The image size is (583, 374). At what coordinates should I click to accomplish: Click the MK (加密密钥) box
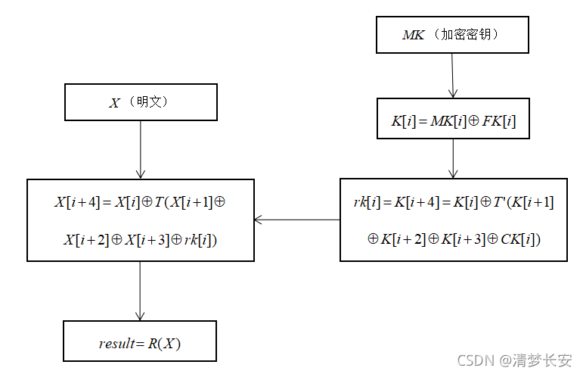(x=453, y=35)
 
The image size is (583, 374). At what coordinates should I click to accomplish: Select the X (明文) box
(x=141, y=102)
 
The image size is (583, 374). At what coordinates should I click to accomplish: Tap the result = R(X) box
(x=140, y=341)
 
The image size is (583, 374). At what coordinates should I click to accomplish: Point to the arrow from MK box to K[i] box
(x=452, y=76)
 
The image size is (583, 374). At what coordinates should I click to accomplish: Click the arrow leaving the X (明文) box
(x=141, y=149)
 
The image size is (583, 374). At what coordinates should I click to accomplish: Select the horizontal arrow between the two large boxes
(x=296, y=220)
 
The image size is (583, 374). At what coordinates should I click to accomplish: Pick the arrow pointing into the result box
(x=140, y=291)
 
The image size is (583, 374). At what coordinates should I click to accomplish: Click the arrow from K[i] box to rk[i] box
(x=453, y=158)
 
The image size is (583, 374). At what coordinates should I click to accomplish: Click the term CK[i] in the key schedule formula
(x=519, y=239)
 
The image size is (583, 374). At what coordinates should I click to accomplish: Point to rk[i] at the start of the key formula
(x=367, y=202)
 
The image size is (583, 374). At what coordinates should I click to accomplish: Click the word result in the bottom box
(x=116, y=344)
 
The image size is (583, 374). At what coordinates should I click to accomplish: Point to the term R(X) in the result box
(x=165, y=344)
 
